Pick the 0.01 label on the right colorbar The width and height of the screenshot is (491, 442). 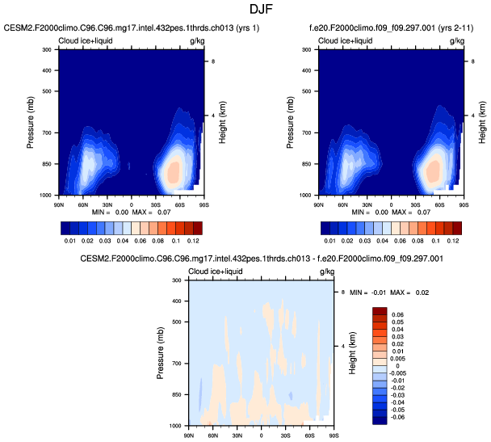click(x=329, y=240)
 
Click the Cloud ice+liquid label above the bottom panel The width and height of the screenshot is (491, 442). click(x=217, y=271)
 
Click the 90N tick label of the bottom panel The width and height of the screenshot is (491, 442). click(x=189, y=435)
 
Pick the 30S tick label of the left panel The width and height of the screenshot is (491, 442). click(x=156, y=204)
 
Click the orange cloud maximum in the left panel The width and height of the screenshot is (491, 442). click(x=172, y=172)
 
